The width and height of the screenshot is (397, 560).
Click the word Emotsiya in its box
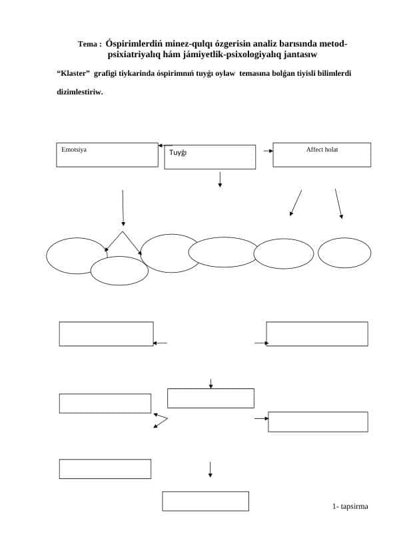click(x=74, y=150)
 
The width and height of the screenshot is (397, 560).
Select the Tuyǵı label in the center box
click(x=178, y=153)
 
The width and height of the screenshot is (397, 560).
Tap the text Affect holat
click(x=322, y=150)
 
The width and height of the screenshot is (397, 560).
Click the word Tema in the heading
click(x=88, y=45)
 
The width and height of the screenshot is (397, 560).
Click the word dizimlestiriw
click(x=80, y=92)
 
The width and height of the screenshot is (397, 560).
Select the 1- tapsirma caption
click(x=350, y=506)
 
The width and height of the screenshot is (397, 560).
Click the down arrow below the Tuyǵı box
click(x=220, y=180)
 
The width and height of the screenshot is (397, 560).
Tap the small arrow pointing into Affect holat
click(x=268, y=151)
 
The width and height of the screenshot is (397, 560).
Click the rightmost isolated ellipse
click(x=344, y=253)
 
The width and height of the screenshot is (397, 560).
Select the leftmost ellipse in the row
click(x=76, y=255)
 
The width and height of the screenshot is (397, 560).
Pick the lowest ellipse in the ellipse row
click(x=119, y=271)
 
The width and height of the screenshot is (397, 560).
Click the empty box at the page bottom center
click(x=206, y=501)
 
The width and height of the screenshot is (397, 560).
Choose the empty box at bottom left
click(x=105, y=469)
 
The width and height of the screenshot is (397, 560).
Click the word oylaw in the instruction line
click(x=225, y=74)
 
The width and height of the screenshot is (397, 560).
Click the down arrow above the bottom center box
click(x=210, y=470)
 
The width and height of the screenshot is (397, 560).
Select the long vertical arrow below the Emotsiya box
click(x=123, y=208)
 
